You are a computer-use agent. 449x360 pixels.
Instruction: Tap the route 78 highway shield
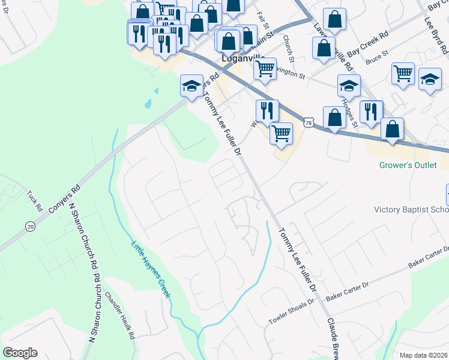[x=309, y=122]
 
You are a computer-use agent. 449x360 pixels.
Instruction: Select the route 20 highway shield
[x=30, y=226]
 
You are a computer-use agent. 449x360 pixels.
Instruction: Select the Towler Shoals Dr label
[x=291, y=312]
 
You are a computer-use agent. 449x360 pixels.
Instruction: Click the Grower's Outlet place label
[x=408, y=165]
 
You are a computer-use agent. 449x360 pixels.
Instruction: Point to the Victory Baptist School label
[x=411, y=210]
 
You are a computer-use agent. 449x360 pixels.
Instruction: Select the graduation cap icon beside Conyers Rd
[x=191, y=86]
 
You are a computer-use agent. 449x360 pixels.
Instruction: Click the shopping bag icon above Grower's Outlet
[x=392, y=129]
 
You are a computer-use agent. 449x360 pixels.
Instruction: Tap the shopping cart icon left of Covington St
[x=265, y=69]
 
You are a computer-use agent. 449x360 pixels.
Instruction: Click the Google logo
[x=20, y=353]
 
